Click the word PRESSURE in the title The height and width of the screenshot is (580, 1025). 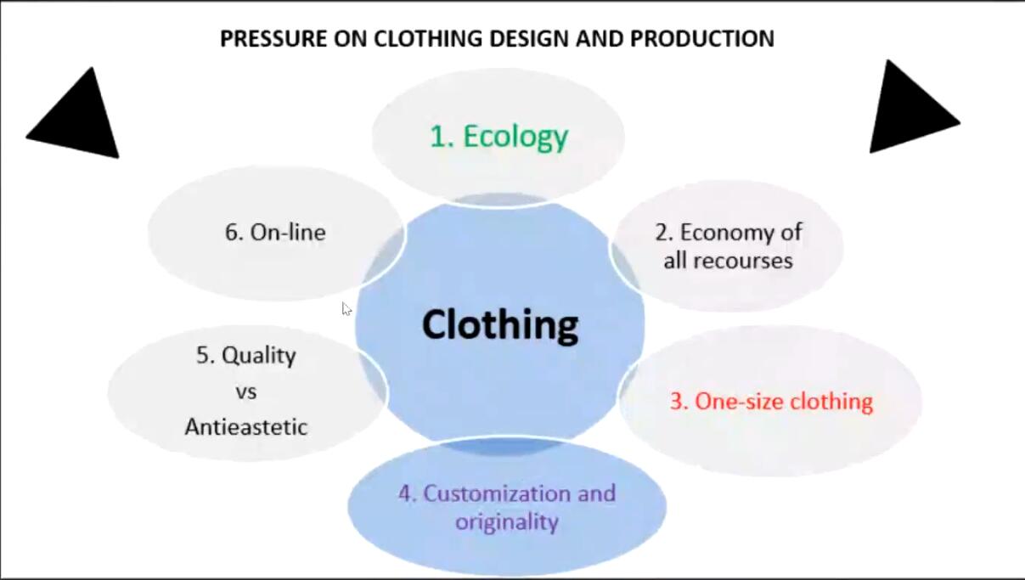(273, 38)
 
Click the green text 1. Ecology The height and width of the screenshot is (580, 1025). (499, 137)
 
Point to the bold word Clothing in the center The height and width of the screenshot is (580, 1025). (500, 324)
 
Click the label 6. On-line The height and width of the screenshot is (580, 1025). (275, 233)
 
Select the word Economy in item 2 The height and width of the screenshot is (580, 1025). (741, 233)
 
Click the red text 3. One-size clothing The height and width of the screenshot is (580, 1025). (771, 401)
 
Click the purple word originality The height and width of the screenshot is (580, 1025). (507, 522)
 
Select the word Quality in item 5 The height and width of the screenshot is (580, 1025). (259, 356)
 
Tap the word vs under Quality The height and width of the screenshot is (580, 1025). (246, 392)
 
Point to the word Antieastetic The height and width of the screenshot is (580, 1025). (246, 427)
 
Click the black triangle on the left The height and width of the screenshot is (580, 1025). (76, 115)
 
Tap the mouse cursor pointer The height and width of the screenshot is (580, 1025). (346, 309)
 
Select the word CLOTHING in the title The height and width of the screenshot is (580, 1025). (428, 38)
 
